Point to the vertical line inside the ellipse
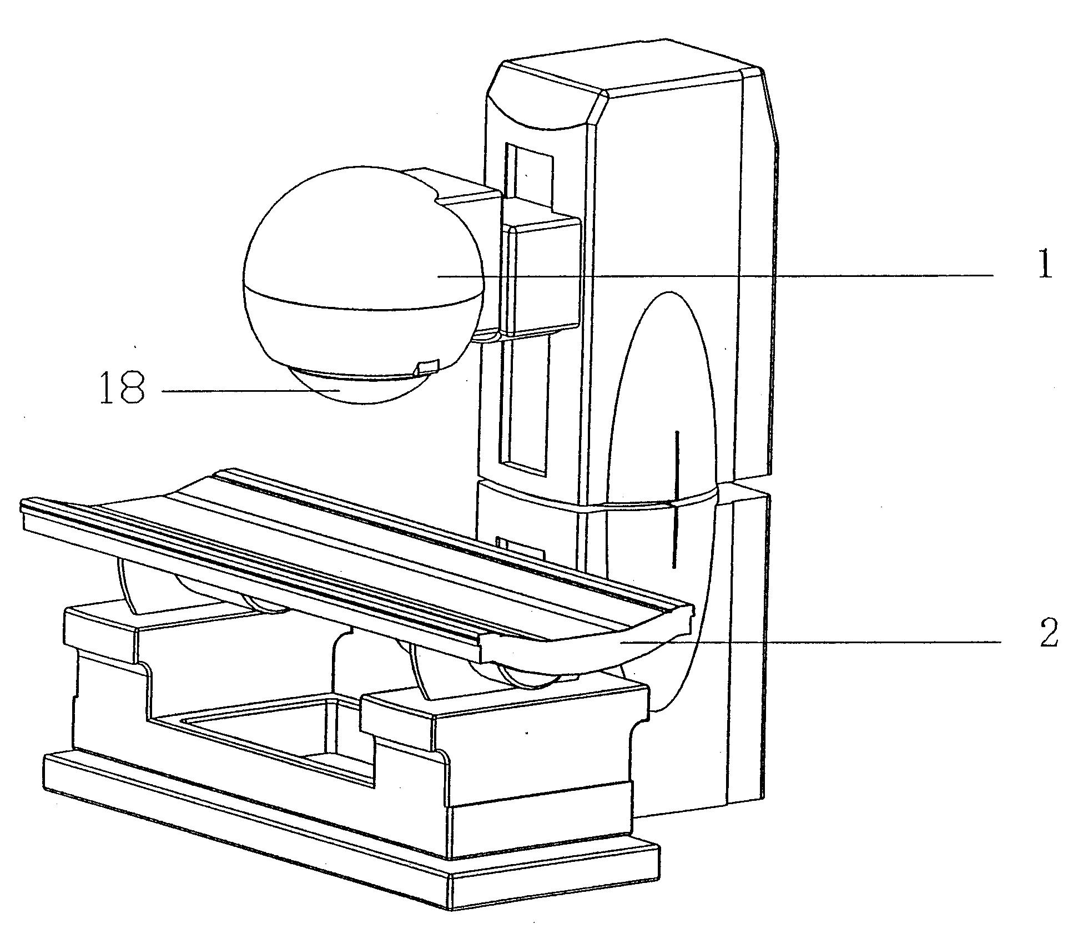(675, 499)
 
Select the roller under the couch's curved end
(522, 674)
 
